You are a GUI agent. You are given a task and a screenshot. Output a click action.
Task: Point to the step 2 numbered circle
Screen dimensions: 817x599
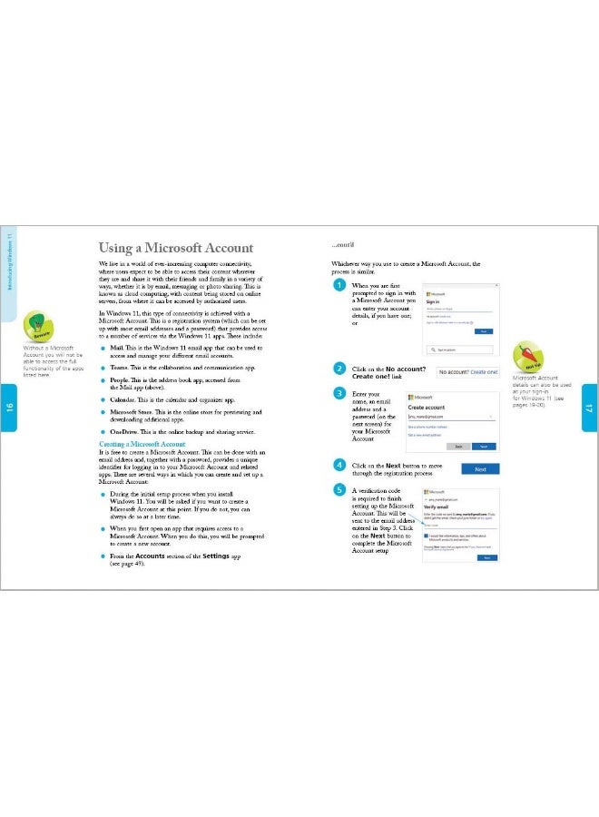tap(339, 369)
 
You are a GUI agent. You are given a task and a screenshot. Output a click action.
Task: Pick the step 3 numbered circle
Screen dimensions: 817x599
tap(339, 394)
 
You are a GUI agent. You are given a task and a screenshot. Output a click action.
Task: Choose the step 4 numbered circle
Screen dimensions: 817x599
tap(339, 465)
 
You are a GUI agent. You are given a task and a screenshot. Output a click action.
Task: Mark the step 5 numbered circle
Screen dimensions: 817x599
tap(339, 491)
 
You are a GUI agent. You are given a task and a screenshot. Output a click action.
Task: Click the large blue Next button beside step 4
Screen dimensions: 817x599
tap(480, 469)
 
